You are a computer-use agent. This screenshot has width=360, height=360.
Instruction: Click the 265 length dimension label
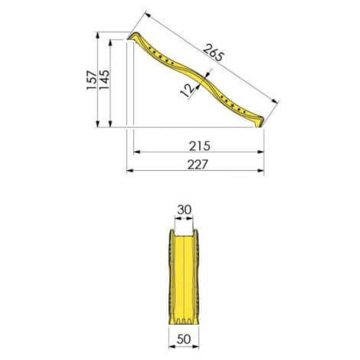pyautogui.click(x=214, y=53)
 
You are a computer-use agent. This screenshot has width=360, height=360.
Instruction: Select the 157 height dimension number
pyautogui.click(x=92, y=80)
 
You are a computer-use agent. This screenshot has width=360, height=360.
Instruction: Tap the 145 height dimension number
pyautogui.click(x=104, y=80)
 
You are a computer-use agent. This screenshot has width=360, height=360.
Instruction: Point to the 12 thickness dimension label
pyautogui.click(x=188, y=90)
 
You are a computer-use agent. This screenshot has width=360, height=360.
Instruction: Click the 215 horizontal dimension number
pyautogui.click(x=199, y=146)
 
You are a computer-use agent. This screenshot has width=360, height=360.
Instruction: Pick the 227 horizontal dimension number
pyautogui.click(x=198, y=165)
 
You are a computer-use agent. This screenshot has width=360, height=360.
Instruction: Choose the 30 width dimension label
pyautogui.click(x=184, y=210)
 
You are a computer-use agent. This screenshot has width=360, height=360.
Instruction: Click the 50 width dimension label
pyautogui.click(x=184, y=339)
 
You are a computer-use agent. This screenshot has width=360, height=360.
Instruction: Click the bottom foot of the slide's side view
pyautogui.click(x=258, y=123)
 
